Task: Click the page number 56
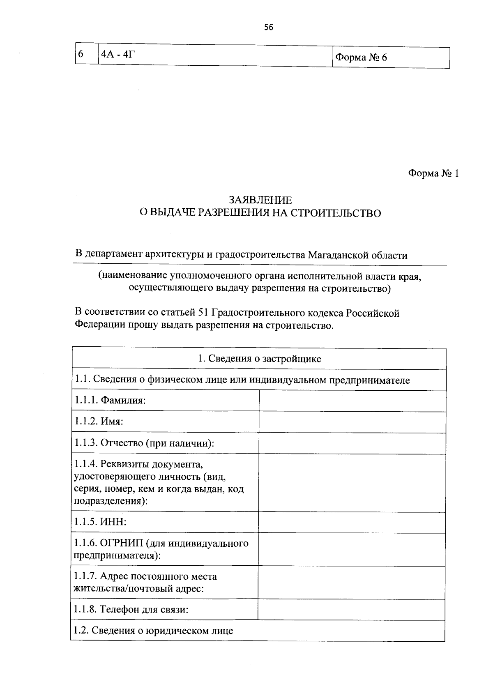(x=268, y=28)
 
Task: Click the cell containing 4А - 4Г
(x=118, y=55)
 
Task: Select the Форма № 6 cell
(x=361, y=58)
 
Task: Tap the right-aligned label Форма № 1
(x=433, y=174)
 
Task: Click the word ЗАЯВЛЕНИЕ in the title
(x=260, y=200)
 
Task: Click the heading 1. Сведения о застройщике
(x=259, y=359)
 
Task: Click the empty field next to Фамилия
(x=352, y=401)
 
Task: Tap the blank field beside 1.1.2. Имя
(x=352, y=422)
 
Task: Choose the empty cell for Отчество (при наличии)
(x=352, y=443)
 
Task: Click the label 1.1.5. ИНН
(x=100, y=522)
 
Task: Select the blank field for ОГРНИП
(x=352, y=549)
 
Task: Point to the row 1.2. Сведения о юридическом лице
(x=153, y=631)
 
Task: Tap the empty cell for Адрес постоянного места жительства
(x=352, y=582)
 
